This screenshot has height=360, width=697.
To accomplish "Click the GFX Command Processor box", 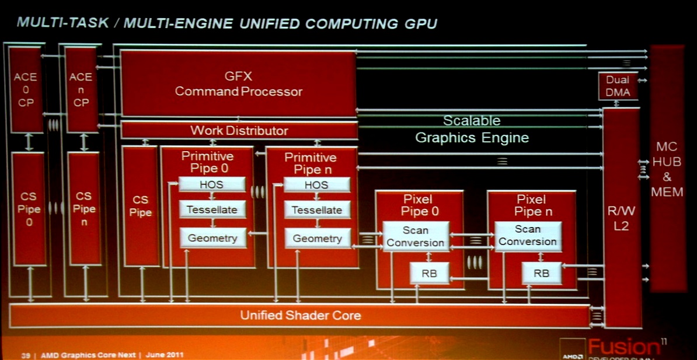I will coord(238,83).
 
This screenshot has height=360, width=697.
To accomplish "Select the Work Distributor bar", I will coord(239,130).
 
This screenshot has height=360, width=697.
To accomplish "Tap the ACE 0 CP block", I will coord(26,89).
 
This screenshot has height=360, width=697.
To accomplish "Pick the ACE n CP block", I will coord(81,89).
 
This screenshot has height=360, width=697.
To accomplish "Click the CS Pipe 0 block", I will coord(29,209).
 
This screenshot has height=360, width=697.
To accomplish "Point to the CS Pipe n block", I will coord(83,209).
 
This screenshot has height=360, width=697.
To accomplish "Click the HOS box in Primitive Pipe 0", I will coord(212,184).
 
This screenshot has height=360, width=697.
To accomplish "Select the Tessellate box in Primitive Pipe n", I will coord(317,210).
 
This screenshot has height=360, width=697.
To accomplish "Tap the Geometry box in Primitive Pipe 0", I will coord(212,238).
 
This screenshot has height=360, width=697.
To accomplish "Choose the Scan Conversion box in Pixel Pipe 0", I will coord(415,236).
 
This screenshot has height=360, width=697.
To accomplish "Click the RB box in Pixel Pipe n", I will coord(541,273).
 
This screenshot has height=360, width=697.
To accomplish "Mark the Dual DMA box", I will coord(618,86).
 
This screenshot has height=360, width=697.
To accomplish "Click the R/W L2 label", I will coord(621,219).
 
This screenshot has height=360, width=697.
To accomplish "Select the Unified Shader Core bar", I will coord(300,316).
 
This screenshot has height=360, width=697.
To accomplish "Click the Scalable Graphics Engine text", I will coord(472,130).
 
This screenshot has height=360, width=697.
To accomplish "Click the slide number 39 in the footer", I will coord(26,355).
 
